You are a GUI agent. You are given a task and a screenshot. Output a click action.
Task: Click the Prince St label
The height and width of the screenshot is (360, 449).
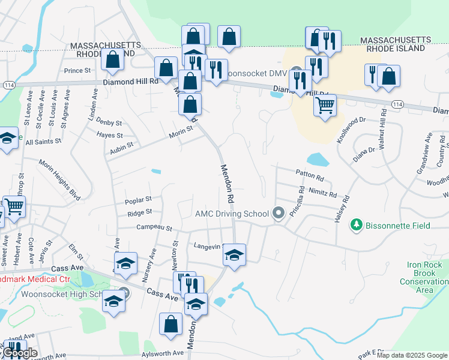click(77, 71)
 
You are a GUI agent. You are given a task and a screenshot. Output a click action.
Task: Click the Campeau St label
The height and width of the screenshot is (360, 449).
click(154, 228)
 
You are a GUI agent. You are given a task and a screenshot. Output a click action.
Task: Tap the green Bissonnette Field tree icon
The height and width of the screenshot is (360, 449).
click(357, 224)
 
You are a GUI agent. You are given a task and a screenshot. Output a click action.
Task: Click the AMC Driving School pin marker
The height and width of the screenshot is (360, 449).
click(278, 213)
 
